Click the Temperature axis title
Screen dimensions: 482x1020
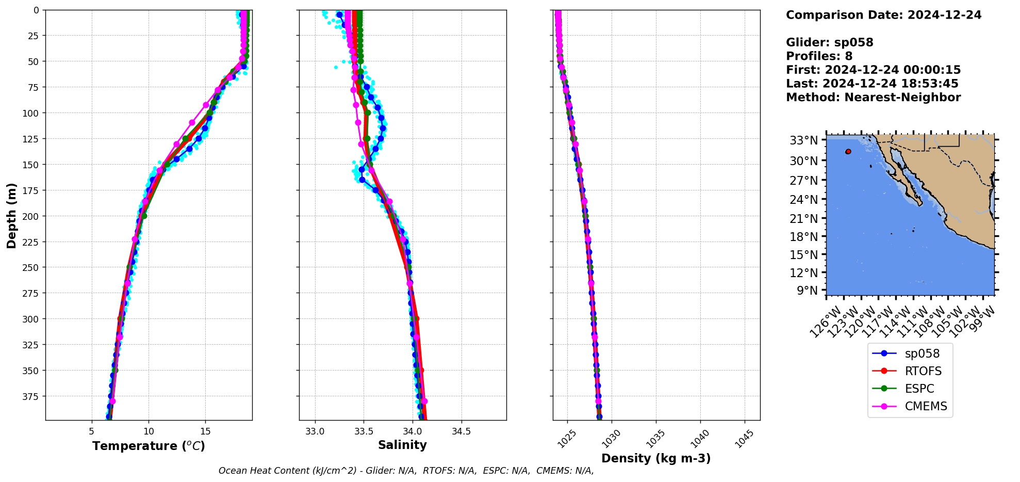149,446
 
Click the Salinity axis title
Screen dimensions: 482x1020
402,445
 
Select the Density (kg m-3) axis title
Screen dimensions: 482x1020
656,458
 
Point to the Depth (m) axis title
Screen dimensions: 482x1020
11,215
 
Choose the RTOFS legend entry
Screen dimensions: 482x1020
923,371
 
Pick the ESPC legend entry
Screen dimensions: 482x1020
919,389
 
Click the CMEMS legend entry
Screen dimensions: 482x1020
926,406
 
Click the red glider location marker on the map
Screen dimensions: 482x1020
848,151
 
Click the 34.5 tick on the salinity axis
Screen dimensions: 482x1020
460,431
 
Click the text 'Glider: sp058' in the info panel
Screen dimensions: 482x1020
829,42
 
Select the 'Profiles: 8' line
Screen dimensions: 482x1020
819,56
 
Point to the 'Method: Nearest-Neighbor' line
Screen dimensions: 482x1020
873,98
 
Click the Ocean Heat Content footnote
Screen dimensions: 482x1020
406,471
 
